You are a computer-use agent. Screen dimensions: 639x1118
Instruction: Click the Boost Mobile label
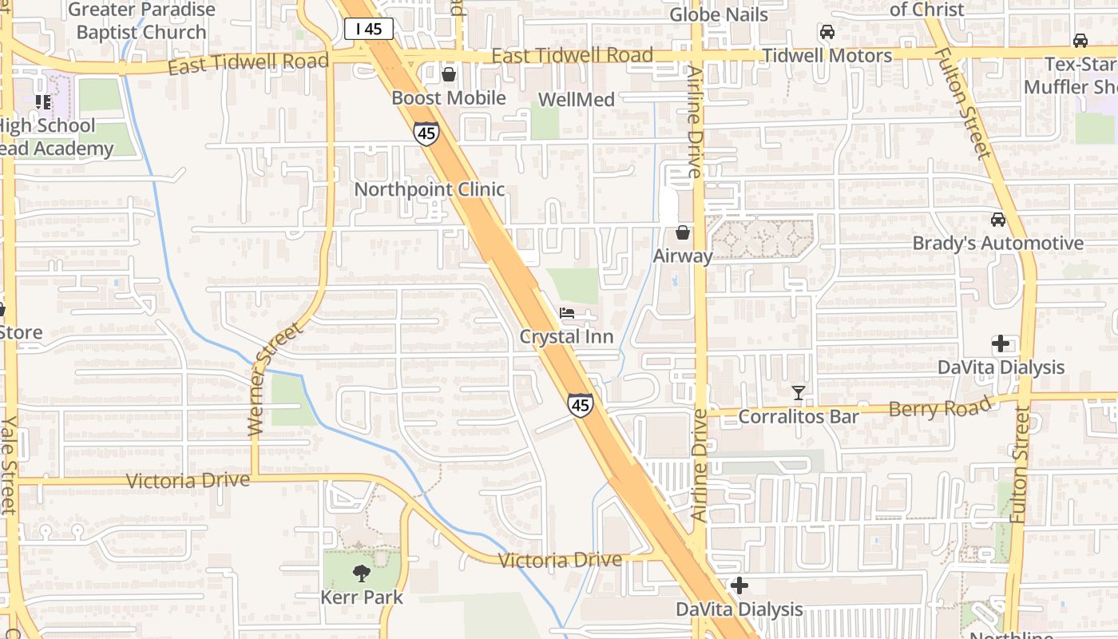click(x=449, y=97)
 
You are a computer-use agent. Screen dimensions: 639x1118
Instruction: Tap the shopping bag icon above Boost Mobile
click(x=449, y=75)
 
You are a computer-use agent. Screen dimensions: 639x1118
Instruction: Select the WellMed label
click(x=577, y=100)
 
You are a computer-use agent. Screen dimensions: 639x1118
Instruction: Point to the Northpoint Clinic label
click(x=430, y=189)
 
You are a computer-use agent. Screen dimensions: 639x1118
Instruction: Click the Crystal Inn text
click(x=566, y=336)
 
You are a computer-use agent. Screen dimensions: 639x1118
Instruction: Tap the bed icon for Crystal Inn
click(x=567, y=313)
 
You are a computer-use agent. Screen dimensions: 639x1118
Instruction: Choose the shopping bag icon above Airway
click(x=683, y=232)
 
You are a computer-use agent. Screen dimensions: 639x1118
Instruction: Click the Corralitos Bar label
click(x=799, y=416)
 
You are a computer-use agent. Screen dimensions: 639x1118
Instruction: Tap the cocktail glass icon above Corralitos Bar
click(x=799, y=392)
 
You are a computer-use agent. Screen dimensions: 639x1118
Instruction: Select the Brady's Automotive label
click(x=998, y=243)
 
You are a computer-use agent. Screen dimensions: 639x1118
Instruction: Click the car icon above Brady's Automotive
click(x=998, y=220)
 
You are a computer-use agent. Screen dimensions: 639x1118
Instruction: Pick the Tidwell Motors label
click(x=827, y=56)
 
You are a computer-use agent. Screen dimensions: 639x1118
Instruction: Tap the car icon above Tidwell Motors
click(x=827, y=33)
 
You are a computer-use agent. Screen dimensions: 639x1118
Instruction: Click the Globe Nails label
click(x=719, y=14)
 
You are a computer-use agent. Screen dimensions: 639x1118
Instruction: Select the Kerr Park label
click(x=362, y=597)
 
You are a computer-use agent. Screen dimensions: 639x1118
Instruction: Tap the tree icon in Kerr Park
click(x=362, y=573)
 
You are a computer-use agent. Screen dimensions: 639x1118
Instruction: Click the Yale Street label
click(x=8, y=465)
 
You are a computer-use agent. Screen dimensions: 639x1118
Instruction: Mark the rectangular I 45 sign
click(x=369, y=30)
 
